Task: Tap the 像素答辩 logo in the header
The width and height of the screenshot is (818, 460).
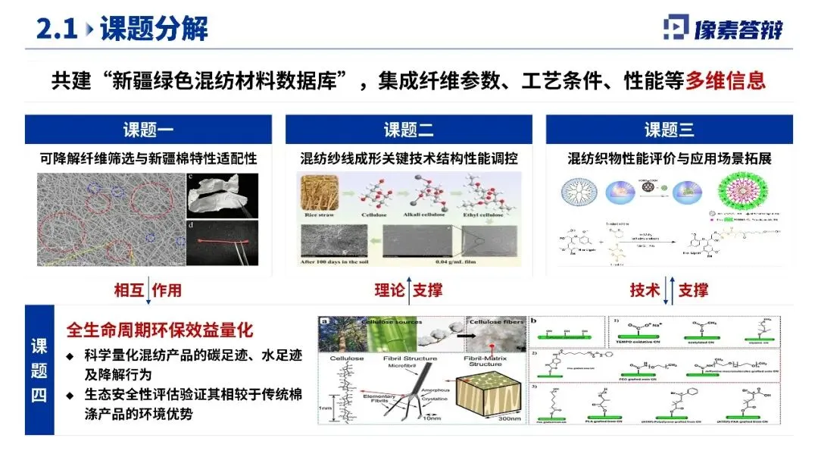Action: [x=723, y=28]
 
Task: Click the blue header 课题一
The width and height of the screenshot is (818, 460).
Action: [x=148, y=130]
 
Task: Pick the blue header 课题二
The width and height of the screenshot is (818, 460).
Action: [x=408, y=130]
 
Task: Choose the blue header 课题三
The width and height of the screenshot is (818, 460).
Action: [x=669, y=130]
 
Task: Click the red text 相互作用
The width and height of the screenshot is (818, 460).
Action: [x=148, y=290]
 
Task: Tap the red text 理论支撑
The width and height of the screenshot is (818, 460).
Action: [x=408, y=290]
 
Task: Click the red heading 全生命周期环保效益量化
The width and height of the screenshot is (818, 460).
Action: [x=160, y=331]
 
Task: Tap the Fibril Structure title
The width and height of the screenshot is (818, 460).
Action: [x=410, y=358]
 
